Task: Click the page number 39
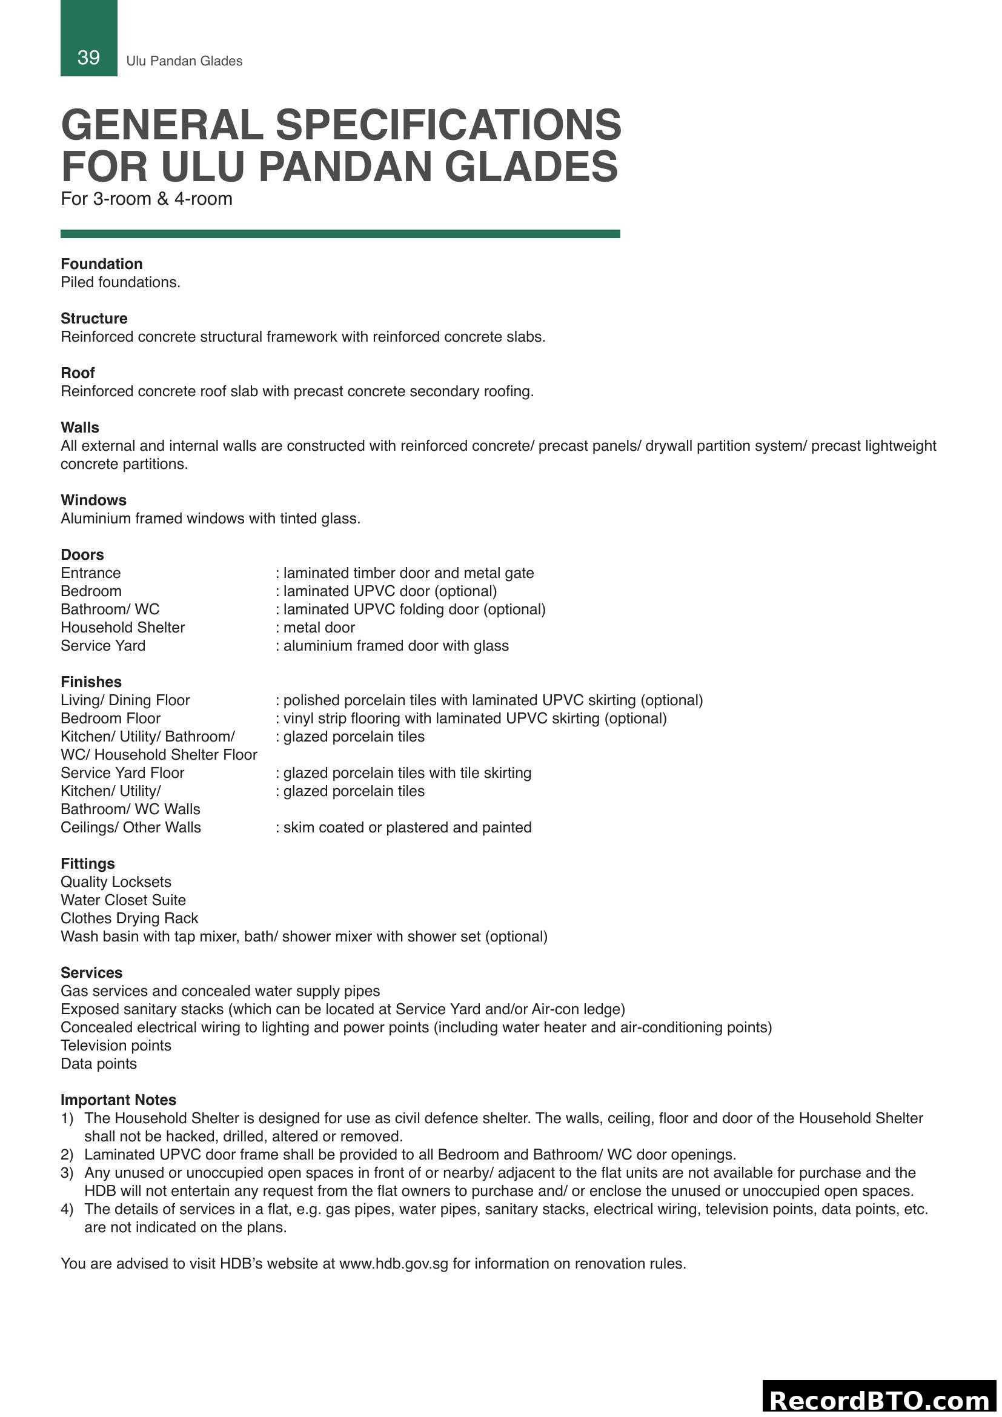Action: (88, 58)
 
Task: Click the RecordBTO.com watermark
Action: (880, 1400)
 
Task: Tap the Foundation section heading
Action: (101, 264)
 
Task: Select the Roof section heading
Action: (78, 373)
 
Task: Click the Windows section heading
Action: (93, 500)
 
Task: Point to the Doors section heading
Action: (82, 555)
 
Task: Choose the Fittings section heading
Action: (88, 864)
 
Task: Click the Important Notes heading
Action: (119, 1100)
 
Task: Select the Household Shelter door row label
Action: (123, 628)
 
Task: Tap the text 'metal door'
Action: (319, 628)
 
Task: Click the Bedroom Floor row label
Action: (110, 718)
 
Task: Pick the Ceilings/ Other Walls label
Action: (131, 828)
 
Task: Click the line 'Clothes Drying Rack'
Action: (130, 918)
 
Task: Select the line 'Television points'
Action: (116, 1046)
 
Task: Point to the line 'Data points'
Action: (99, 1063)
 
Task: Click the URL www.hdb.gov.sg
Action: (394, 1263)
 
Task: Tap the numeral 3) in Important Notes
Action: (67, 1173)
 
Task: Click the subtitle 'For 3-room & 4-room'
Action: (146, 199)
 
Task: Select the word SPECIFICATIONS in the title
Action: (448, 125)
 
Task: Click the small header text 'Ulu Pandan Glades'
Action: (184, 61)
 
